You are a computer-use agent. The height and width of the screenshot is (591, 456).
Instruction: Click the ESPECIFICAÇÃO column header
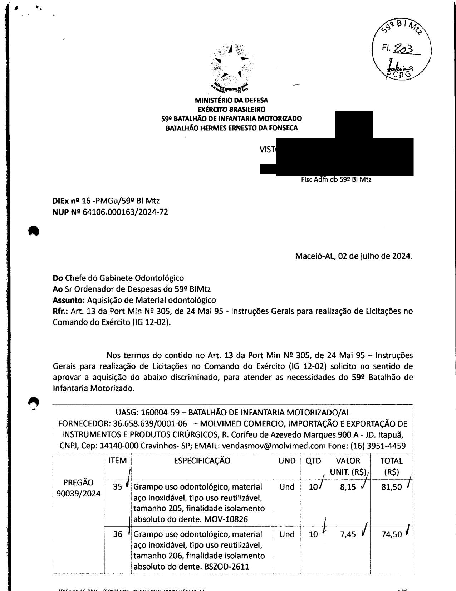point(202,461)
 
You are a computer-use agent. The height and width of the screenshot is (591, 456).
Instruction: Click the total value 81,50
point(391,487)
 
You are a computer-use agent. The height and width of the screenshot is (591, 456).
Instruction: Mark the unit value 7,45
point(348,534)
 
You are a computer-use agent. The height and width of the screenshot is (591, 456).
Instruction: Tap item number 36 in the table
point(118,534)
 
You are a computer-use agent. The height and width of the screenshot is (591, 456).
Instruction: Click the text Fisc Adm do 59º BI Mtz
point(336,179)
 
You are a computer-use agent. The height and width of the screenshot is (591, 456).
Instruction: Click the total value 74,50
point(391,534)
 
